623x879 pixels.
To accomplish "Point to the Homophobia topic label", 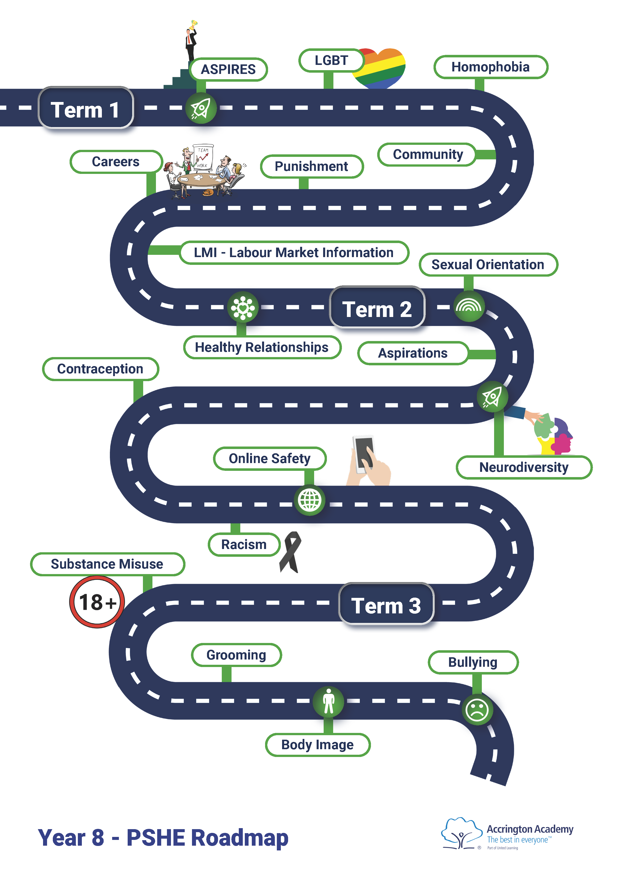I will click(490, 67).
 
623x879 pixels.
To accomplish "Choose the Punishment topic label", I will click(311, 167).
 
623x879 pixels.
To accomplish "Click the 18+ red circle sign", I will click(97, 602).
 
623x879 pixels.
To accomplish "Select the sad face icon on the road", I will click(477, 710).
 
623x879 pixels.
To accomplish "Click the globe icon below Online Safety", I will click(309, 500).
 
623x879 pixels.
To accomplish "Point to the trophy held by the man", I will click(193, 24).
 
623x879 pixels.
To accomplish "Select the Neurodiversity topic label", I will click(524, 467).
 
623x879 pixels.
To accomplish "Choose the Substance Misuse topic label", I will click(107, 564).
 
